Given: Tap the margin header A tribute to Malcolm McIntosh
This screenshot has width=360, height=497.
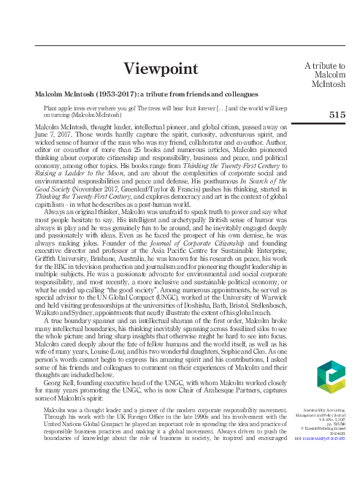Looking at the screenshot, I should click(324, 76).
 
